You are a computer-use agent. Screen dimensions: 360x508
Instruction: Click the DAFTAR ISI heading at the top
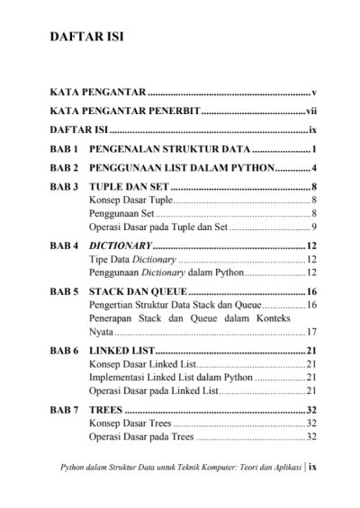[86, 40]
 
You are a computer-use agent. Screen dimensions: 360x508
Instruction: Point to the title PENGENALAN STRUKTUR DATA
[169, 149]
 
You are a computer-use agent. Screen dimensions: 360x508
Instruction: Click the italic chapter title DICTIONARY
[120, 245]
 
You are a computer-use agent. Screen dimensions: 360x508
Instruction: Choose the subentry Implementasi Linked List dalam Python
[170, 378]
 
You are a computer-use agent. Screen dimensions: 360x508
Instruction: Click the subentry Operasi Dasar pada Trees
[141, 437]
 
